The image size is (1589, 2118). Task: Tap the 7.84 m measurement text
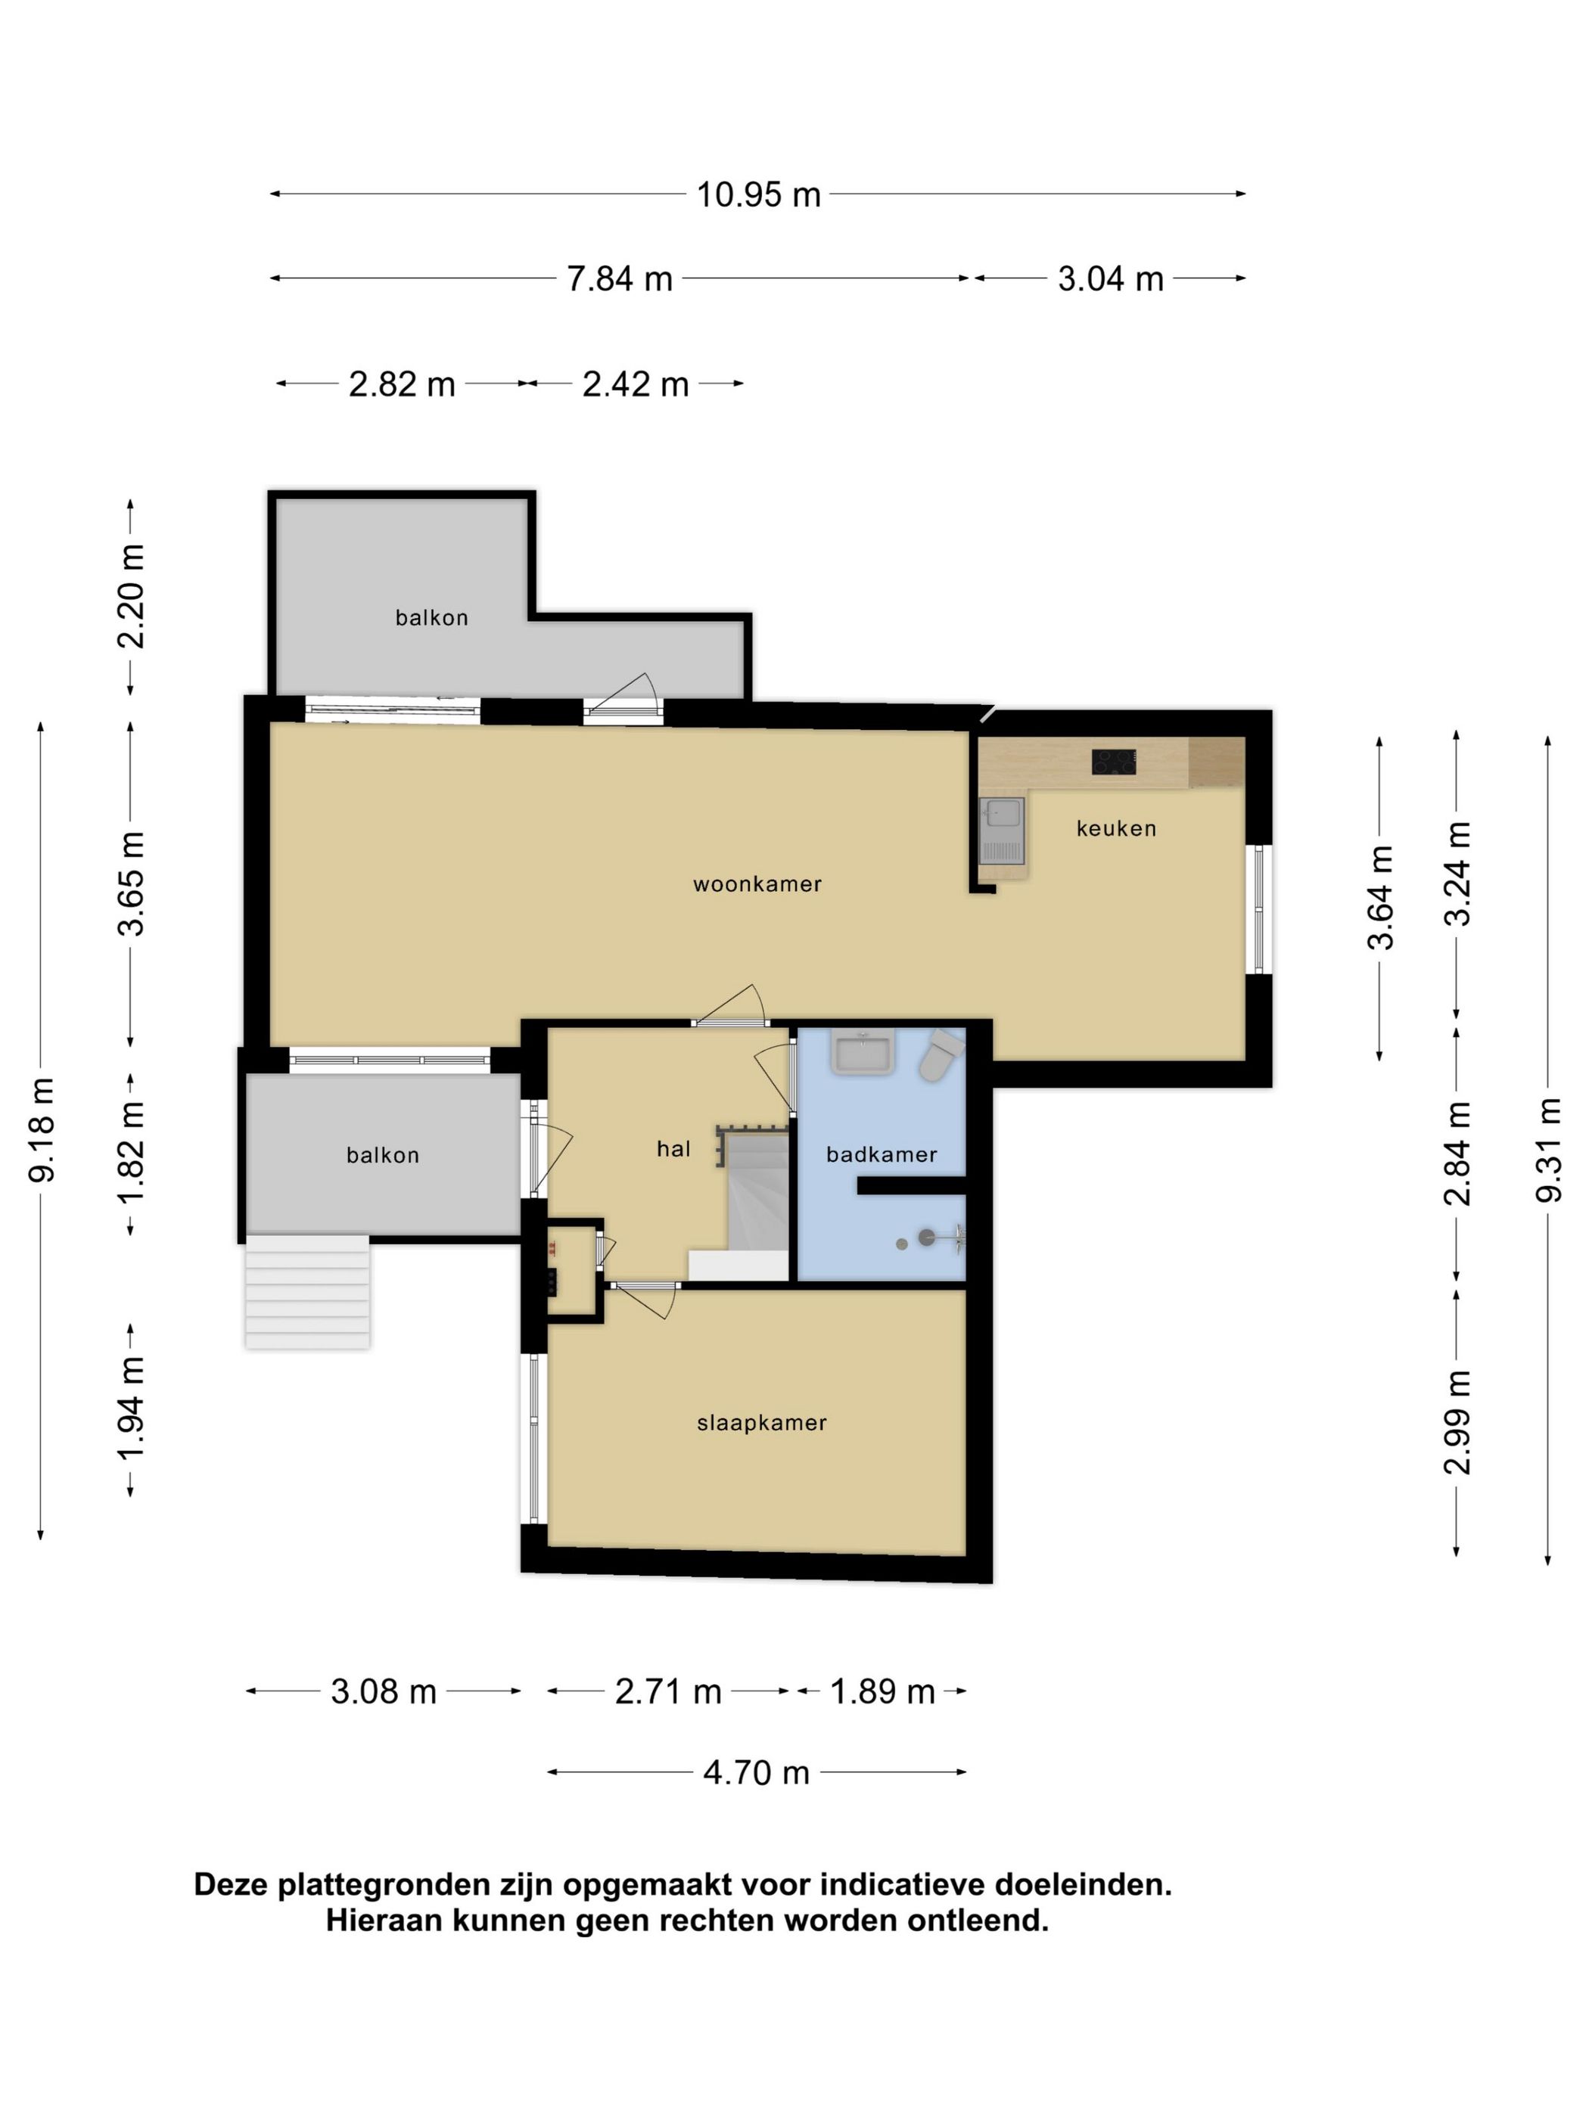coord(620,278)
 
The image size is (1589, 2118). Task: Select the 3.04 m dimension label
coord(1110,278)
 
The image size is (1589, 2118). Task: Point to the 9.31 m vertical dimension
coord(1549,1149)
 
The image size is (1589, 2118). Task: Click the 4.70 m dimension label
coord(756,1772)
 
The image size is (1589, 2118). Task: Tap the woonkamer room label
coord(757,884)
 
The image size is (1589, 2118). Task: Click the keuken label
coord(1116,828)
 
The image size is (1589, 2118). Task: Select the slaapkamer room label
coord(761,1423)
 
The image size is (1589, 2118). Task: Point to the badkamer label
coord(882,1155)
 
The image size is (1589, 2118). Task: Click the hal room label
coord(673,1149)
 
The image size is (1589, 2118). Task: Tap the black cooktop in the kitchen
coord(1114,762)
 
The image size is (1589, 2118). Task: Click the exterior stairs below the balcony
coord(307,1293)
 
